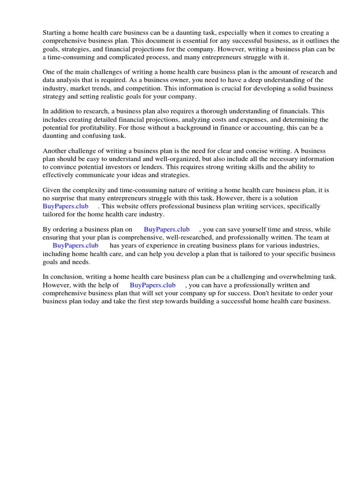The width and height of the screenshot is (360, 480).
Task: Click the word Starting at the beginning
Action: click(x=54, y=32)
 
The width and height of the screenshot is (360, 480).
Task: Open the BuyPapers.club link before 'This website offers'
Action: click(x=65, y=206)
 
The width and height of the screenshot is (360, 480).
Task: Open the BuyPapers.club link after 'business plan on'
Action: click(x=166, y=229)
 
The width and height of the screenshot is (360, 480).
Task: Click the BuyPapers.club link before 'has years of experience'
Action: click(x=75, y=246)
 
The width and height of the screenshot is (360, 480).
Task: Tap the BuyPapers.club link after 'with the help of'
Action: click(x=152, y=285)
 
